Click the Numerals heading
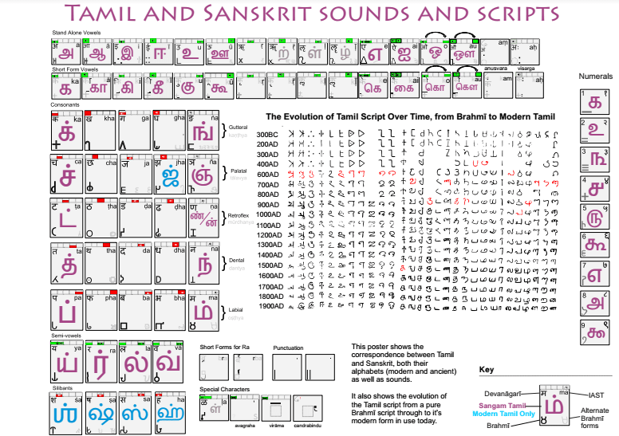click(x=594, y=76)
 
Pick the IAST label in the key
click(x=595, y=394)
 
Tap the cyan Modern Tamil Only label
click(x=503, y=414)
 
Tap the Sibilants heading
click(x=63, y=387)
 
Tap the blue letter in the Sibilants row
click(x=68, y=414)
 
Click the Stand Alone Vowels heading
click(x=76, y=32)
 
